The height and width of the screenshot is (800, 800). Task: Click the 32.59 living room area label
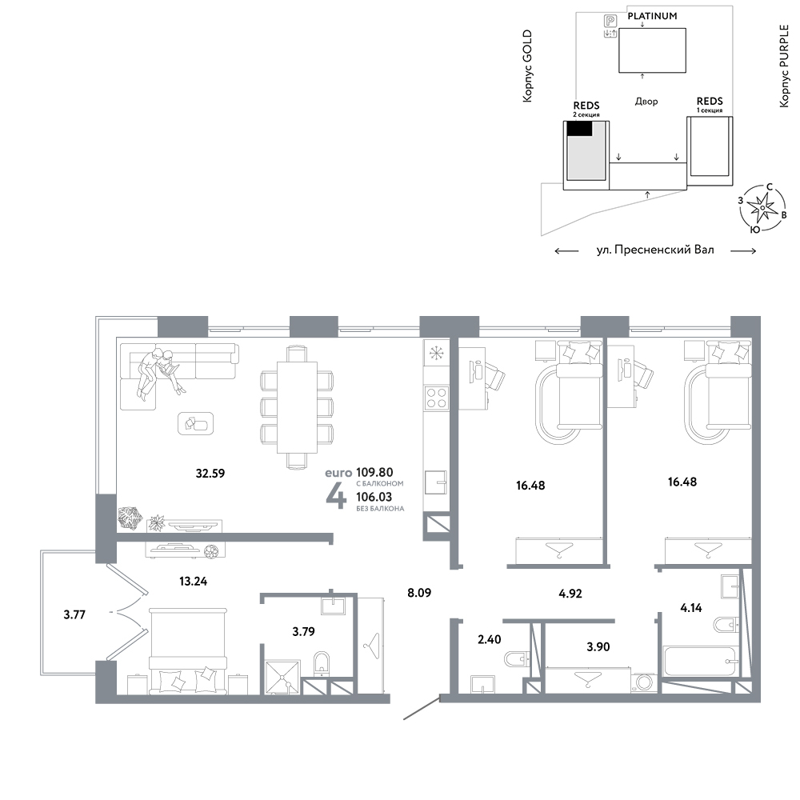tap(210, 474)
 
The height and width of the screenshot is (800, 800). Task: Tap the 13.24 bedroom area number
tap(194, 581)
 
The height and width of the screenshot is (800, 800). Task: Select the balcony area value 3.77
tap(74, 614)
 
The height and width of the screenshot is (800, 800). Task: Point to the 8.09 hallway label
tap(419, 593)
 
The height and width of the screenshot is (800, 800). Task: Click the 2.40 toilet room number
tap(490, 639)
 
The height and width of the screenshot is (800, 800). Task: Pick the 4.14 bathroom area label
tap(691, 608)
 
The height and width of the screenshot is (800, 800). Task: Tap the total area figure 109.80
tap(374, 473)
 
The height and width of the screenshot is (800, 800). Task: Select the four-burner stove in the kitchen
tap(437, 398)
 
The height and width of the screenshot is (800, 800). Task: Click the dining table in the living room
tap(297, 407)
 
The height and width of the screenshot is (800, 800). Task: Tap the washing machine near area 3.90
tap(644, 682)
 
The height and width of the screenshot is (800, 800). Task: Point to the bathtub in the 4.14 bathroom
tap(702, 662)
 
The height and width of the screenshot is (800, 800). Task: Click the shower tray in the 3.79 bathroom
tap(282, 678)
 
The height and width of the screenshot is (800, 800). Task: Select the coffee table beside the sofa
tap(195, 423)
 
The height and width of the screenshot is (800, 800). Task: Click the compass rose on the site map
tap(762, 208)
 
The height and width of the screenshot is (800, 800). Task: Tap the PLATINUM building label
tap(652, 16)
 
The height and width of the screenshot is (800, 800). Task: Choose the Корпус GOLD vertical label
tap(527, 66)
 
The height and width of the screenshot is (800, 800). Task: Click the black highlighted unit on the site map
tap(580, 129)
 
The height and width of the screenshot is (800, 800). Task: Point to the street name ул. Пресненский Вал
tap(655, 250)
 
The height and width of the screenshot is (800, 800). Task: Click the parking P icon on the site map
tap(610, 21)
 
